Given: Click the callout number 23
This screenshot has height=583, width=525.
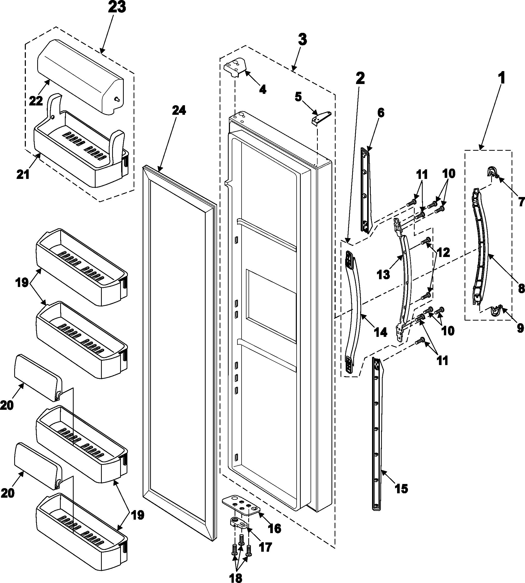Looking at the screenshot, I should click(x=117, y=7).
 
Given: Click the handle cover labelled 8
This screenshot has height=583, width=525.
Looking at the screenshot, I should click(x=482, y=245).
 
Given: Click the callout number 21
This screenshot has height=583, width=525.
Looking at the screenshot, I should click(x=23, y=174).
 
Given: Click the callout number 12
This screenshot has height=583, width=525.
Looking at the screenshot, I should click(x=443, y=253).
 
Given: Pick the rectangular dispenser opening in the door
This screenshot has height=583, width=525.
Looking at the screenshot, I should click(x=271, y=302).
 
